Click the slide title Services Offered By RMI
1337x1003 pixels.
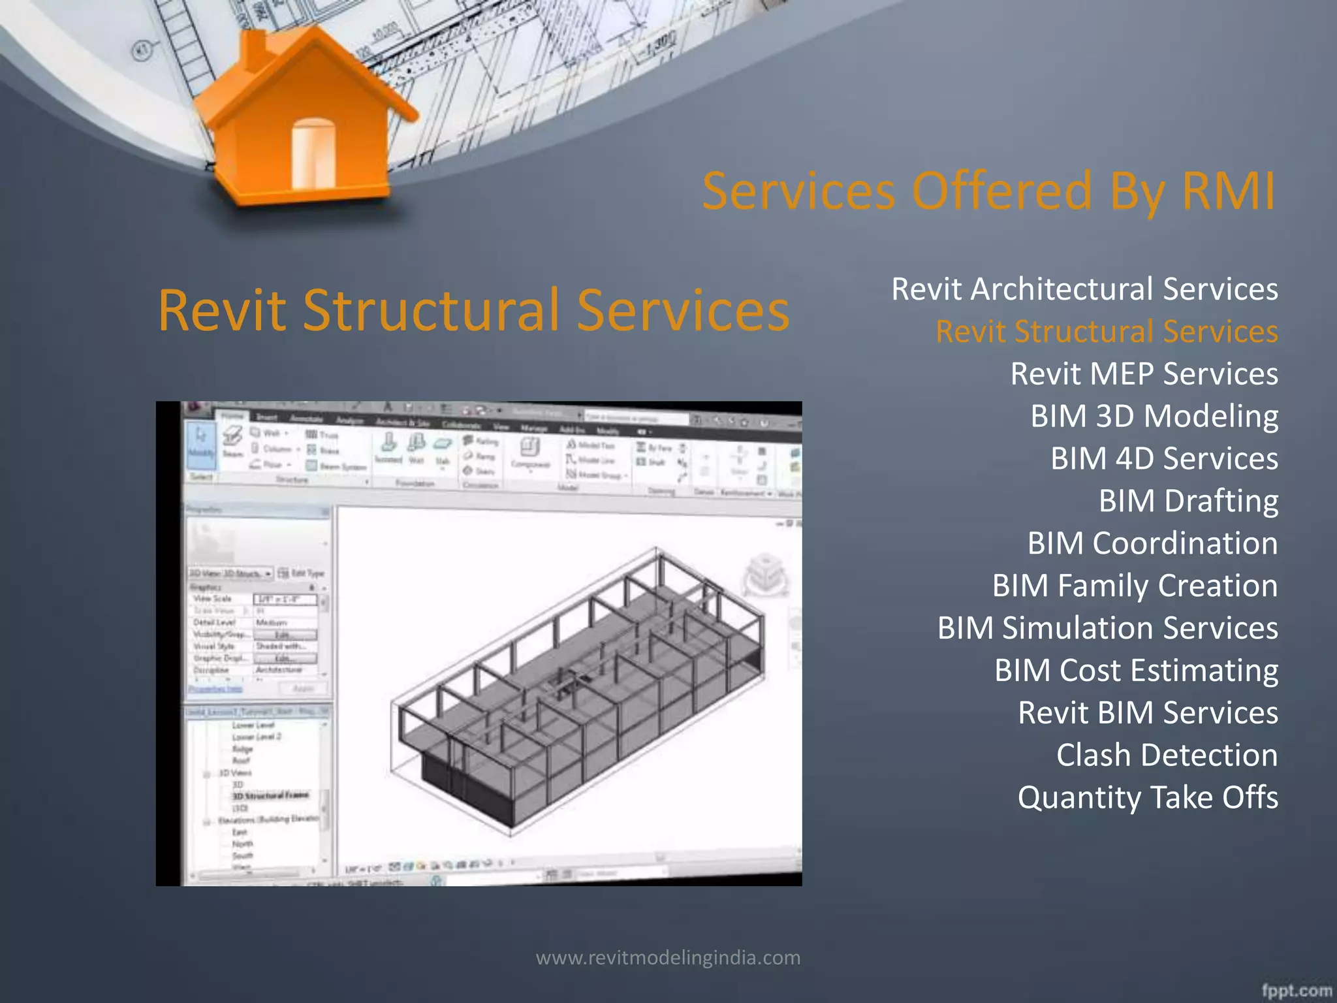(988, 191)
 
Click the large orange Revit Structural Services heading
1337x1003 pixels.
(473, 310)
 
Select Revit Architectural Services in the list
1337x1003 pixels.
(1084, 289)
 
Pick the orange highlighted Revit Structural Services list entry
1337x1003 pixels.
(1107, 332)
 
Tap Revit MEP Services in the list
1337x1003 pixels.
(1144, 374)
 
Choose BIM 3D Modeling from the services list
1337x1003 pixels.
(1154, 417)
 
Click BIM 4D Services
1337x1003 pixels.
(1164, 458)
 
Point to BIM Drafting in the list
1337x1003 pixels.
(1188, 501)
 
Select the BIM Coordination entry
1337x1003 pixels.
(1152, 543)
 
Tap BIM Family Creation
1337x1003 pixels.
(1135, 586)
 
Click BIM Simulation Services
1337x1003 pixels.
(1107, 628)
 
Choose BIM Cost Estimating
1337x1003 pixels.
(1136, 671)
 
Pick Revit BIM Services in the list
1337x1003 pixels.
(1148, 712)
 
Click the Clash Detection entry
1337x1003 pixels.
(1167, 755)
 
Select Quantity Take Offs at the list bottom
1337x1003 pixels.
(1148, 797)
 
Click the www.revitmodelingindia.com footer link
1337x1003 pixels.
(668, 958)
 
